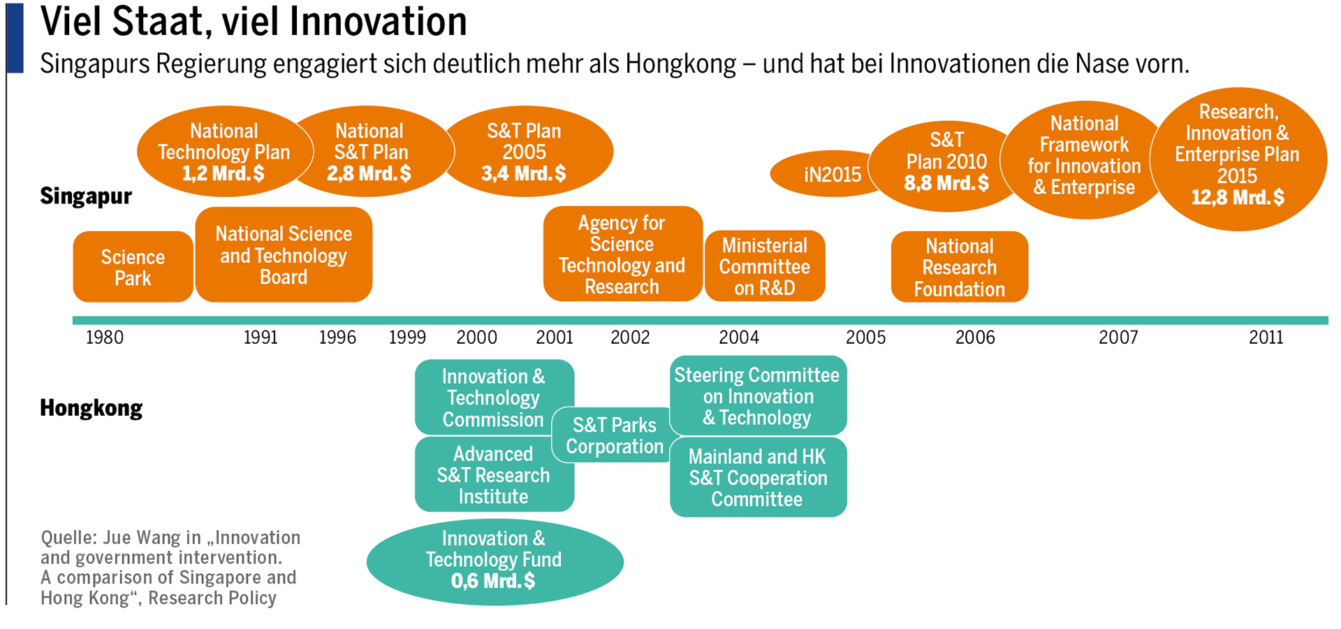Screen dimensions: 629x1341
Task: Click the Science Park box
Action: (x=133, y=267)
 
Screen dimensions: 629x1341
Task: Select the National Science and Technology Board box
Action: (x=284, y=255)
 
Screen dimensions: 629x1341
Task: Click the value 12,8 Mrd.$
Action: (x=1237, y=198)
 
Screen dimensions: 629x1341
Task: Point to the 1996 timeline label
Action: (x=337, y=338)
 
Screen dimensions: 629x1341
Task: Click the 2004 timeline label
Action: (x=738, y=338)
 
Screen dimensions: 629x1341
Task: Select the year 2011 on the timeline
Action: (x=1266, y=338)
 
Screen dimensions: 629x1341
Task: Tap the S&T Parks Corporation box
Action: (x=615, y=435)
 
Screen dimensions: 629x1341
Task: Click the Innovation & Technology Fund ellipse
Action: (x=494, y=561)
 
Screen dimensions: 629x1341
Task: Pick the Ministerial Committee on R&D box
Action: (x=765, y=266)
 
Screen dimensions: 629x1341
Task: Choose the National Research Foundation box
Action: (x=959, y=267)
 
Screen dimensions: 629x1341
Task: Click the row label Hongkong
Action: (x=91, y=408)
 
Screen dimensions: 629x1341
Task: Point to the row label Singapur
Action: (x=85, y=196)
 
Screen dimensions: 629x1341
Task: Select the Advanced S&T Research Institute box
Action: (x=494, y=475)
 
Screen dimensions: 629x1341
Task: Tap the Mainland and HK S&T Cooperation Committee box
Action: (x=758, y=478)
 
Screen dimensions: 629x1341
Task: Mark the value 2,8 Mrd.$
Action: (x=369, y=173)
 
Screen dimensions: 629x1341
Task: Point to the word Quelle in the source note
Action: (x=68, y=537)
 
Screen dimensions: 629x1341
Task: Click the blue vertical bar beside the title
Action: (x=15, y=38)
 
